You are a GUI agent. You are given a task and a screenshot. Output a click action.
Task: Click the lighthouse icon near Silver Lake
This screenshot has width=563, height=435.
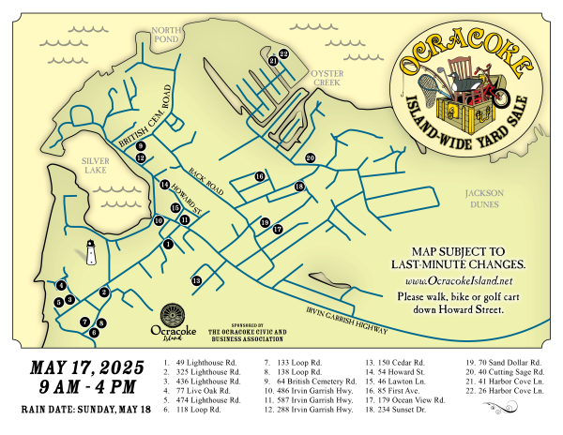(91, 251)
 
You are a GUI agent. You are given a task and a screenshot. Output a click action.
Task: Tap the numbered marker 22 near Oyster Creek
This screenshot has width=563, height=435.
(283, 54)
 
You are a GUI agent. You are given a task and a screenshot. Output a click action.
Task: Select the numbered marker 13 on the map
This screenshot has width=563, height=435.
(196, 280)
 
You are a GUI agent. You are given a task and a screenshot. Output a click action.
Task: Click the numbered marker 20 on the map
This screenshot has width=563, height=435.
(310, 158)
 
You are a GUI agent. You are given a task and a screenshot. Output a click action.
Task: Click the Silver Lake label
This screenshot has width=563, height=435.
(96, 166)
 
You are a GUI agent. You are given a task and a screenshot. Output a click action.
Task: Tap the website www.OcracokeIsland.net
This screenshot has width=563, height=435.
(459, 280)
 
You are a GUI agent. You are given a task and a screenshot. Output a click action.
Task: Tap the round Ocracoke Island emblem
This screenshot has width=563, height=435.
(173, 316)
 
